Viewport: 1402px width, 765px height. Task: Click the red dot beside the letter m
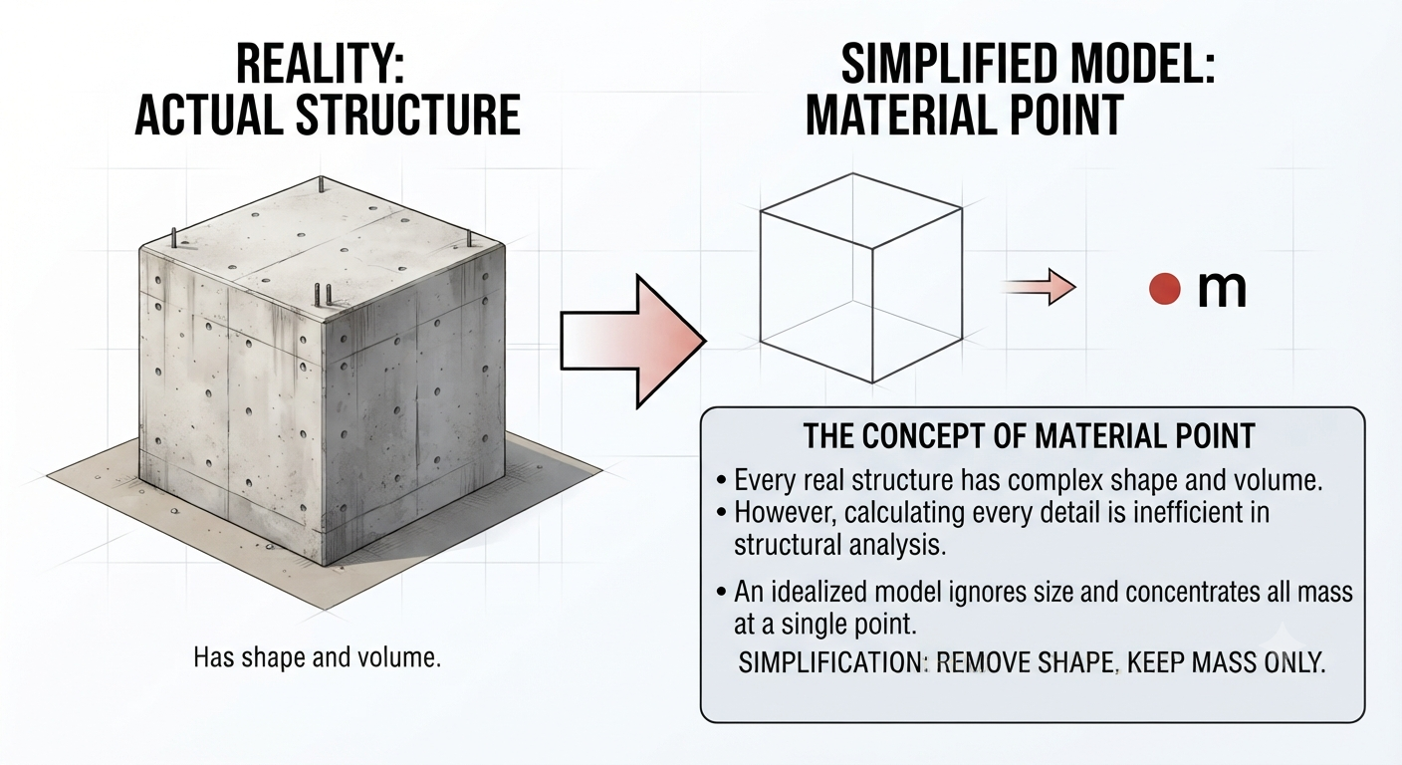pos(1165,289)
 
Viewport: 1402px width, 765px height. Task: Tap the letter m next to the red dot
pos(1222,291)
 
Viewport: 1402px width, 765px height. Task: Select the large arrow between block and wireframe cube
pos(632,342)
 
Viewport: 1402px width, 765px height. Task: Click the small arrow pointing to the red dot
pos(1040,287)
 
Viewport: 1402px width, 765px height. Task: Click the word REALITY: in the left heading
pos(321,64)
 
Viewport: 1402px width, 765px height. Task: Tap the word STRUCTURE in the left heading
pos(407,116)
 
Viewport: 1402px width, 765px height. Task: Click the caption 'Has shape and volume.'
pos(318,657)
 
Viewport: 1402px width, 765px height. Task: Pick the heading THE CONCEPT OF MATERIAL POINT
pos(1029,435)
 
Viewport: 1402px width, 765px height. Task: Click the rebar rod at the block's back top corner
pos(321,184)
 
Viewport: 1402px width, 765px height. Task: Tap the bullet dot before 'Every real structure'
pos(722,481)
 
